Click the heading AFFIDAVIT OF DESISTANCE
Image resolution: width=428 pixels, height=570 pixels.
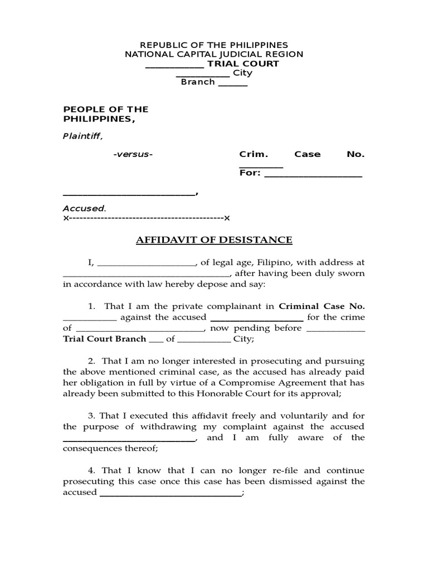[214, 240]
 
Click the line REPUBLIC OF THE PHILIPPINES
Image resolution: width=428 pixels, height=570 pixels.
[213, 45]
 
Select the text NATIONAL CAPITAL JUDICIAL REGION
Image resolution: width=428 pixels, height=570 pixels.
[213, 54]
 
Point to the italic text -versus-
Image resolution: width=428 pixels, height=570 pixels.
[132, 154]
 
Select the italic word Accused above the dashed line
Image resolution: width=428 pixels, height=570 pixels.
[84, 208]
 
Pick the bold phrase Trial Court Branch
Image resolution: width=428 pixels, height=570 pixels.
[105, 338]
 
